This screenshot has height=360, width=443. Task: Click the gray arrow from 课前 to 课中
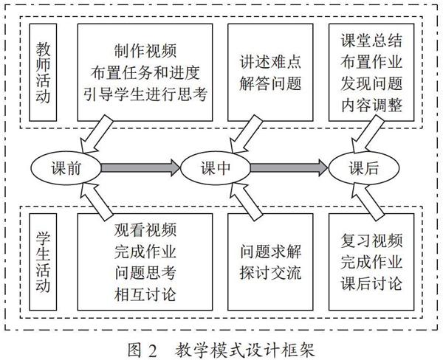(x=140, y=168)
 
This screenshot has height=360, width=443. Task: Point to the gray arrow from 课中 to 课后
(x=289, y=168)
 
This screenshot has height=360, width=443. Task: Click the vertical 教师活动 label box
(x=43, y=72)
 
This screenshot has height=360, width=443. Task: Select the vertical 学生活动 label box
(x=43, y=262)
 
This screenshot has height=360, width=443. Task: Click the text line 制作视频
(x=145, y=51)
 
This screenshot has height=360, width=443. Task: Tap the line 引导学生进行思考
(x=145, y=94)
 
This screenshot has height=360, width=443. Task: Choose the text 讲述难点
(x=270, y=62)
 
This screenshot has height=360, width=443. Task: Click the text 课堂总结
(x=371, y=41)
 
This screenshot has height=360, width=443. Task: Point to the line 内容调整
(x=371, y=105)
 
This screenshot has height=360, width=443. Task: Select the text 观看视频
(x=145, y=230)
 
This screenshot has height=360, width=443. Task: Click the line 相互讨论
(x=145, y=294)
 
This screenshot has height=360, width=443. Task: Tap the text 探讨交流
(x=270, y=273)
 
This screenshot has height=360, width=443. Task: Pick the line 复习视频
(x=371, y=240)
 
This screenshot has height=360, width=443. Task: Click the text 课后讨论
(x=371, y=283)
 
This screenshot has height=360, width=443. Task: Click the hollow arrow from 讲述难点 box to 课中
(x=245, y=135)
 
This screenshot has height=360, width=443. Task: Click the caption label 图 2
(x=142, y=350)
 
